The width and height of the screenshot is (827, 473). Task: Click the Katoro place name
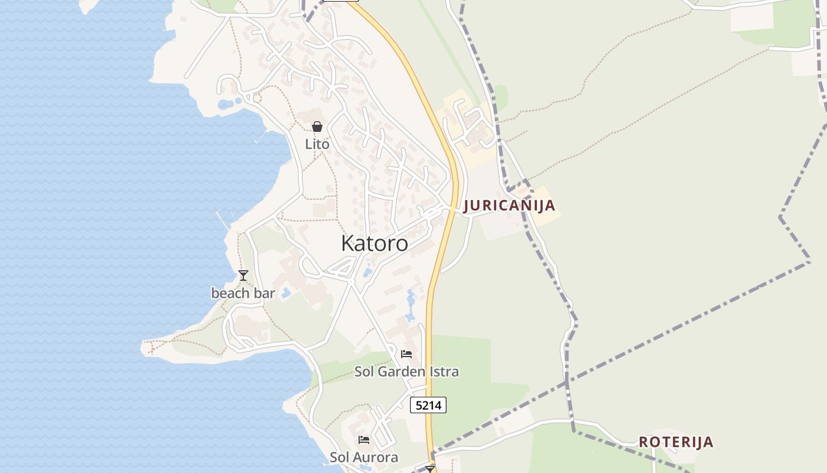pos(375,243)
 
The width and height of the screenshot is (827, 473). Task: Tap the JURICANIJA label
pos(509,206)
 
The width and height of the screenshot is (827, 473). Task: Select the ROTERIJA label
pos(676,442)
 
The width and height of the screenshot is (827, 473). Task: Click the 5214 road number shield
pos(428,405)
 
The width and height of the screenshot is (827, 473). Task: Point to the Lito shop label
pos(317,144)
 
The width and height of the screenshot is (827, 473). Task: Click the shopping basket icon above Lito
pos(317,127)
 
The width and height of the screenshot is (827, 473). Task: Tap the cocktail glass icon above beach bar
pos(243,276)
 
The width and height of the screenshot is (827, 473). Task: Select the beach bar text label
pos(243,293)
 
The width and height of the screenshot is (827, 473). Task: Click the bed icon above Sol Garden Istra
pos(406,354)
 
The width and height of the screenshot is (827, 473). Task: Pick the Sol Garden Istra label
pos(406,371)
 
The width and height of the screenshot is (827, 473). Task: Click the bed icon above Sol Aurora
pos(364,440)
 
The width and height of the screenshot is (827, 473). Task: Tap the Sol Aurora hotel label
pos(364,457)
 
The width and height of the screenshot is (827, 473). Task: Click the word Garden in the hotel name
pos(402,371)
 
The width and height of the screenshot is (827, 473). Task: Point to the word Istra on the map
pos(444,371)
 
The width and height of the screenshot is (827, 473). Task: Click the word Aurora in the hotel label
pos(376,457)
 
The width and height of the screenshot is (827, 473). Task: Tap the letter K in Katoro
pos(347,243)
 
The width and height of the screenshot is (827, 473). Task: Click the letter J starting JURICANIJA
pos(467,206)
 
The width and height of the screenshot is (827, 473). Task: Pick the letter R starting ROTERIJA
pos(643,442)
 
